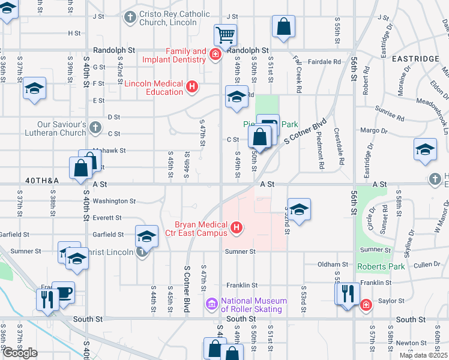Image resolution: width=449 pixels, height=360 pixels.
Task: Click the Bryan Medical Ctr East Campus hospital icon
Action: (237, 227)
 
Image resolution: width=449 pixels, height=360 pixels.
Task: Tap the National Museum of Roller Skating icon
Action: (211, 304)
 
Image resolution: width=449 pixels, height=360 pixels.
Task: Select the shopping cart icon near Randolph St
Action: (225, 35)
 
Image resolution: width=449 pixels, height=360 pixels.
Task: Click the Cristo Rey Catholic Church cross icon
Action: (129, 18)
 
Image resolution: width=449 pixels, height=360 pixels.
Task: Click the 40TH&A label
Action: (43, 180)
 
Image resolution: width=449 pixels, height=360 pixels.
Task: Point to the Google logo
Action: (20, 353)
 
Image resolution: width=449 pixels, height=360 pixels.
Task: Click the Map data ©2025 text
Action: (423, 355)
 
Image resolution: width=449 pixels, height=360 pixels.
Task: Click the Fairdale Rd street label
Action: (324, 61)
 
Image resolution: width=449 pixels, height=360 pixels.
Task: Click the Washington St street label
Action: (115, 202)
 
